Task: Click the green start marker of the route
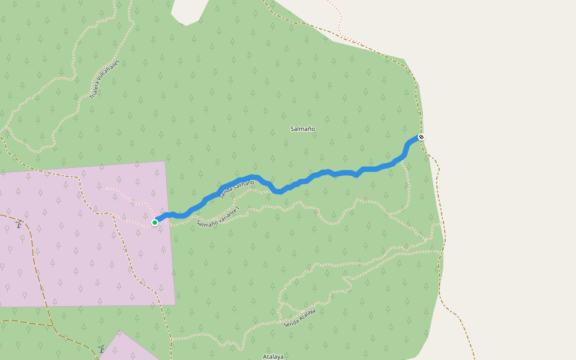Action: (155, 223)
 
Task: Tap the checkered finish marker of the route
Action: (421, 137)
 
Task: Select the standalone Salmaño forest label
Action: (302, 129)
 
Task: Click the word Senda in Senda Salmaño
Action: (226, 193)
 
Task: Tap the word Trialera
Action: (95, 91)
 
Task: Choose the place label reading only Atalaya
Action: (273, 356)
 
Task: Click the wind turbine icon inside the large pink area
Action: (19, 224)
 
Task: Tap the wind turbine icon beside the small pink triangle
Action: (101, 349)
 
